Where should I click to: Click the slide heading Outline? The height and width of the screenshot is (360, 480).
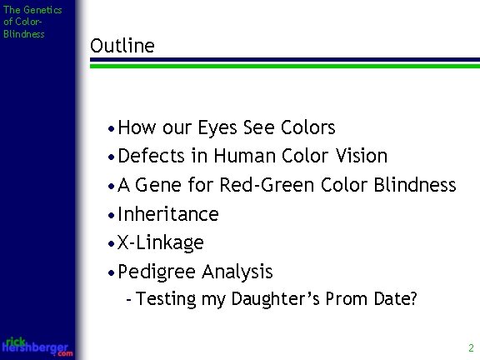tap(122, 46)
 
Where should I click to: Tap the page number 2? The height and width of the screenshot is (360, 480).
tap(471, 347)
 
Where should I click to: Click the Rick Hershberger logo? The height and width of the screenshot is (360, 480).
tap(37, 346)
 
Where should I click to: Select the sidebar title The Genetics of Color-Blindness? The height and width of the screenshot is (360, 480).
tap(24, 22)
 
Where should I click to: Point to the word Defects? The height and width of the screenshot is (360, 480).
tap(153, 156)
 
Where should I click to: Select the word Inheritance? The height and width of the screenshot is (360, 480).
tap(168, 214)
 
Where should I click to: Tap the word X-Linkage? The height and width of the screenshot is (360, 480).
tap(161, 242)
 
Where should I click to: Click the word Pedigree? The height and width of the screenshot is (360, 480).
tap(156, 272)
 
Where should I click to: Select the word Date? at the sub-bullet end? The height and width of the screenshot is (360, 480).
tap(395, 299)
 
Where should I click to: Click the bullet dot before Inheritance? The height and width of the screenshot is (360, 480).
tap(112, 215)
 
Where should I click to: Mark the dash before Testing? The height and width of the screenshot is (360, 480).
tap(127, 300)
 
